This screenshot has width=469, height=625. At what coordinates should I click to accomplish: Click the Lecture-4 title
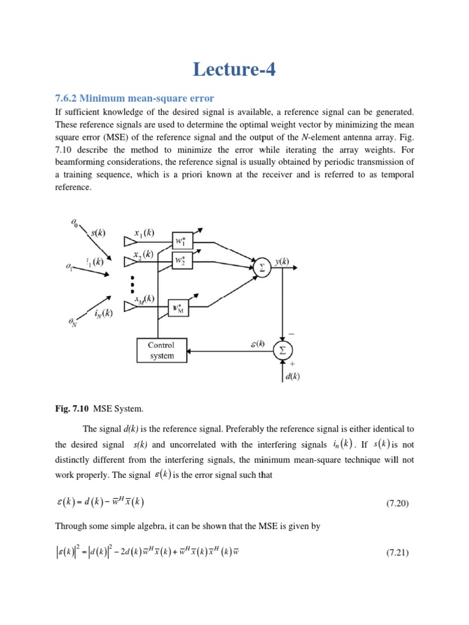[x=234, y=70]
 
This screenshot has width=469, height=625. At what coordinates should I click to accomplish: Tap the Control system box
[x=161, y=350]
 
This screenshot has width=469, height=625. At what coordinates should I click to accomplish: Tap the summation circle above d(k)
[x=283, y=350]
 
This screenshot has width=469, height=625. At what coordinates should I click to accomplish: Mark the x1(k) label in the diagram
[x=144, y=233]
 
